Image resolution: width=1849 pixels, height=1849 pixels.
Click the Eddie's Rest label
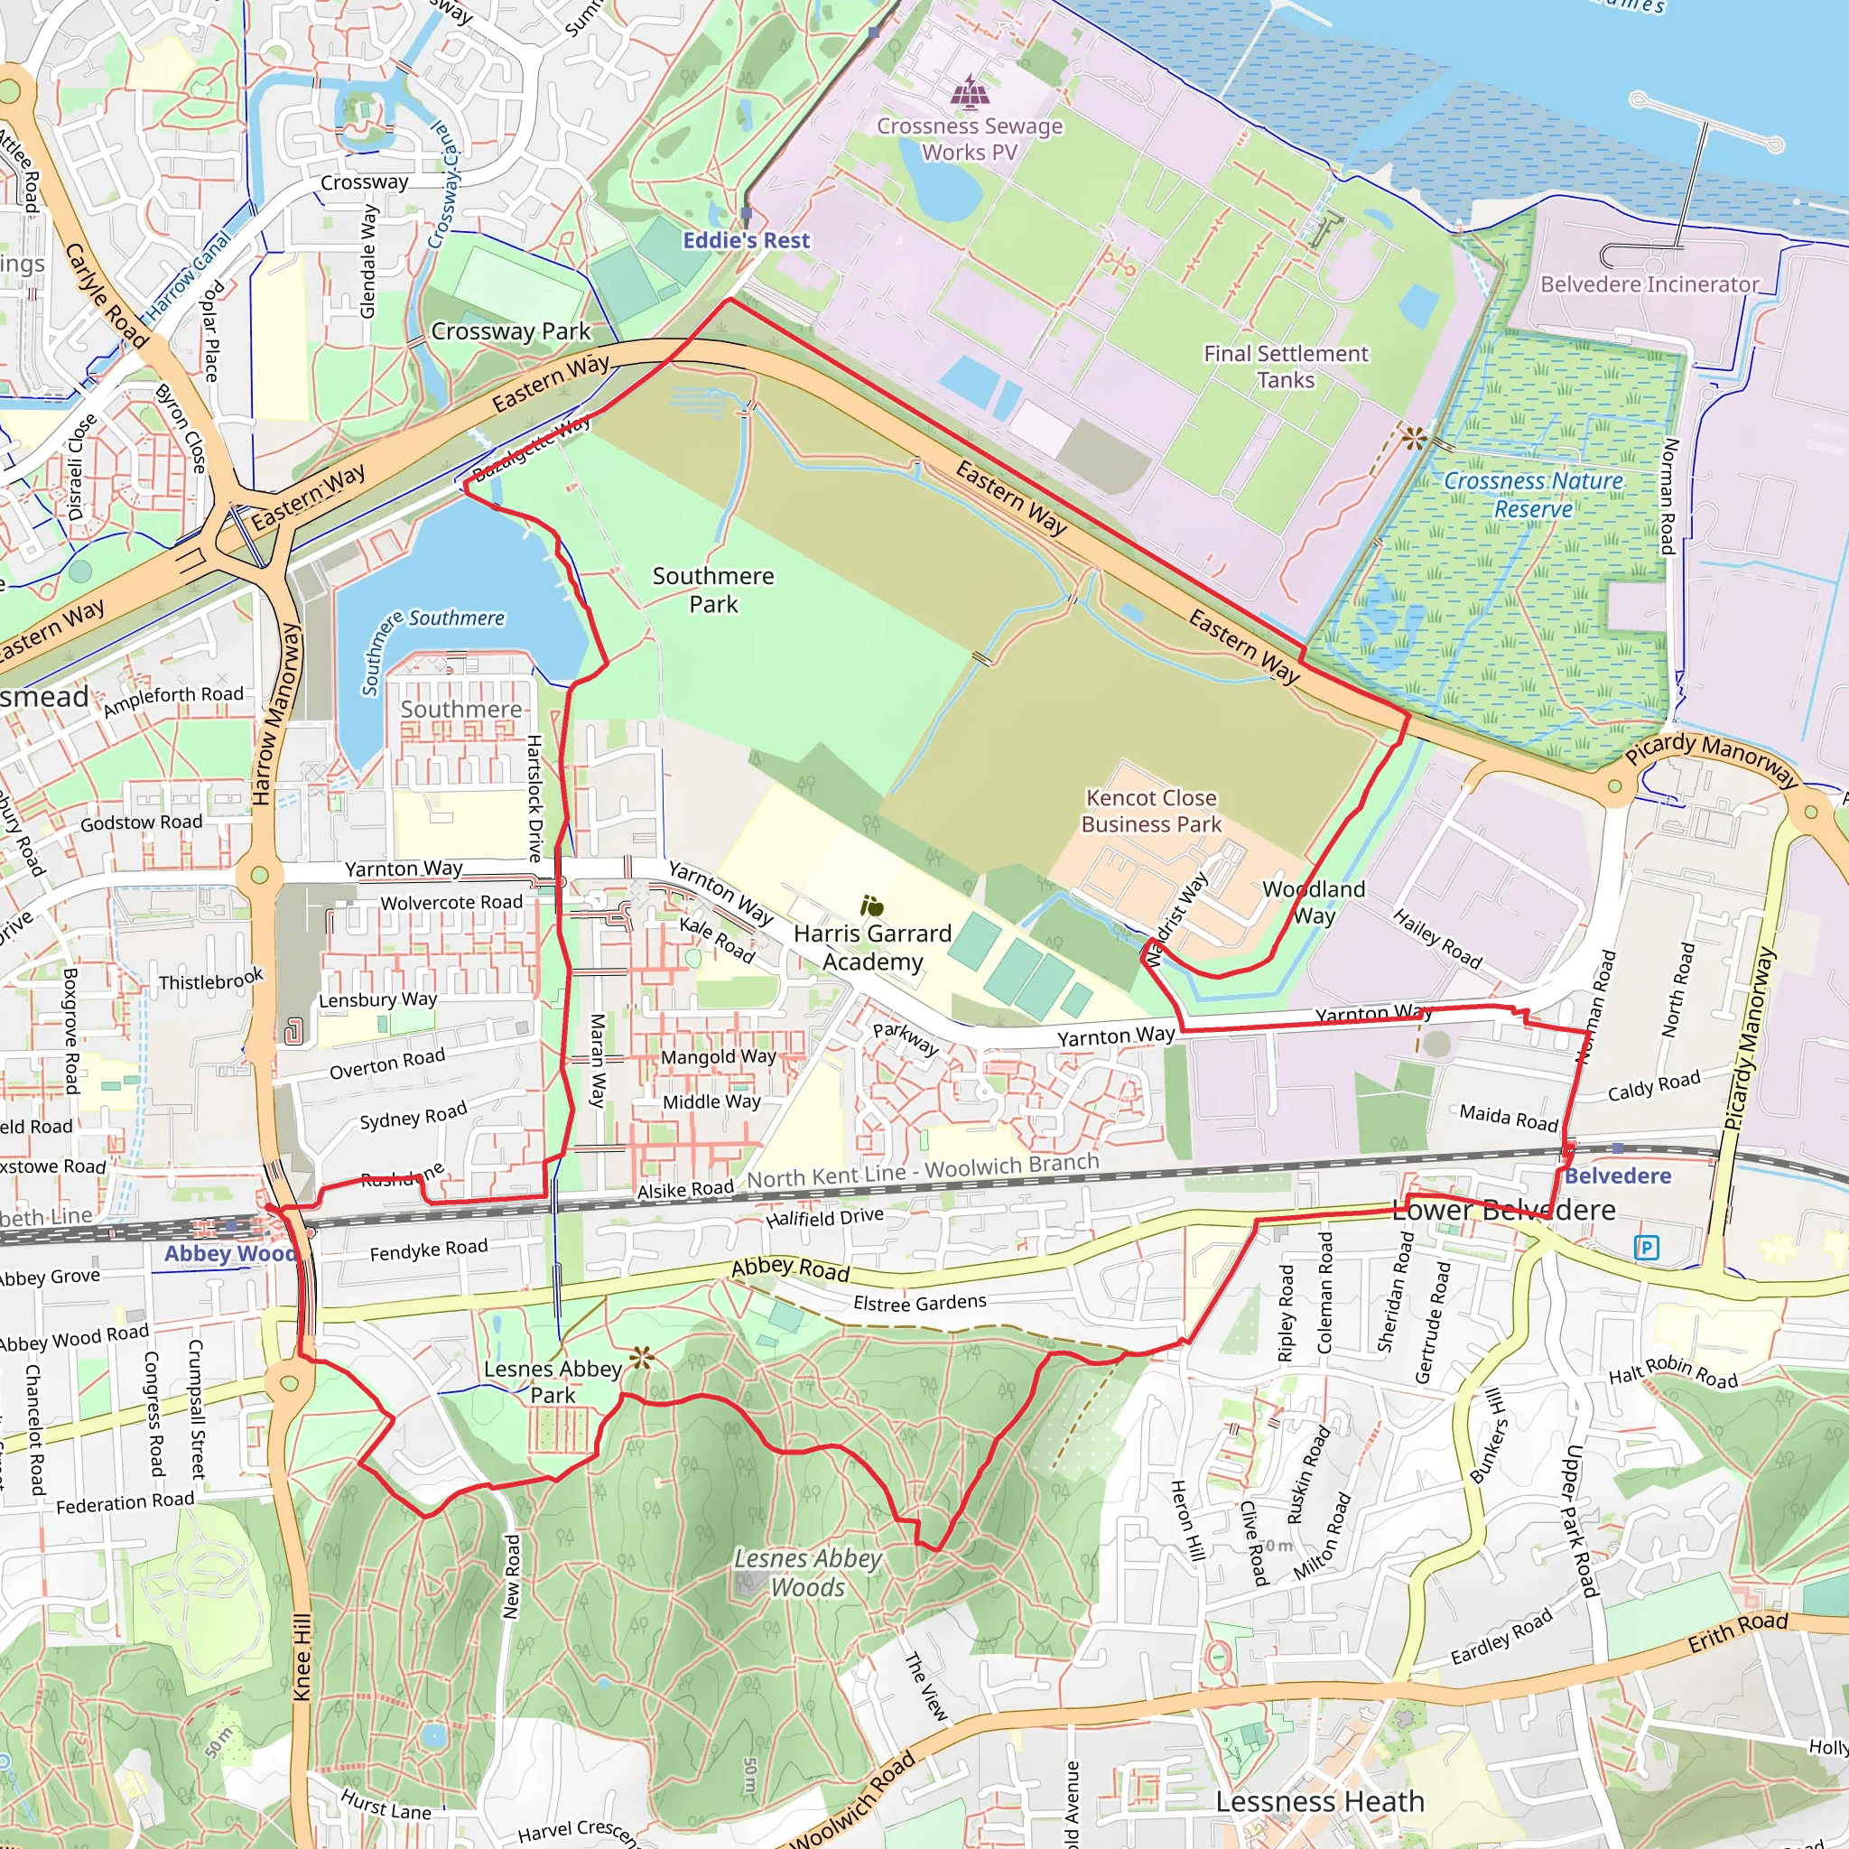[x=746, y=240]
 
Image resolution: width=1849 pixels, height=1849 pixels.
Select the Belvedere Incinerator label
[x=1649, y=284]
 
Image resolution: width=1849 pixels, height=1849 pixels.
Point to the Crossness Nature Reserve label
[x=1533, y=495]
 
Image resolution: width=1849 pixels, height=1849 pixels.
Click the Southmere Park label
[x=713, y=590]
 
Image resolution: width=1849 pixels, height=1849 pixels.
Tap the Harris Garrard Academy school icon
[x=871, y=906]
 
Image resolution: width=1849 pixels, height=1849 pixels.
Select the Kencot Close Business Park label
[x=1150, y=811]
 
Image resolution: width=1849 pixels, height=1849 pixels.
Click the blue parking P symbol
[x=1646, y=1247]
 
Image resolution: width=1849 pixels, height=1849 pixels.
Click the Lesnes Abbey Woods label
[x=808, y=1573]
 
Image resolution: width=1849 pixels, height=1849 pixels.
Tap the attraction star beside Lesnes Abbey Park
[x=641, y=1357]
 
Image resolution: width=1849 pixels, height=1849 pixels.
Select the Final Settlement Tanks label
[x=1286, y=367]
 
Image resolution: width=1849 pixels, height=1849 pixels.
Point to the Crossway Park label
[x=510, y=331]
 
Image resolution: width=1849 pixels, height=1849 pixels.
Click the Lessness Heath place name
[x=1319, y=1801]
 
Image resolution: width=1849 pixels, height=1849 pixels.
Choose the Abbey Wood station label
[x=229, y=1254]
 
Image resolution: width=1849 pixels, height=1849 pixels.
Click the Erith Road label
[x=1737, y=1631]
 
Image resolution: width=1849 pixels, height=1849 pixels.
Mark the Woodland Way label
[x=1313, y=902]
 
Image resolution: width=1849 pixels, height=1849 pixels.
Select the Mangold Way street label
[x=718, y=1056]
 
